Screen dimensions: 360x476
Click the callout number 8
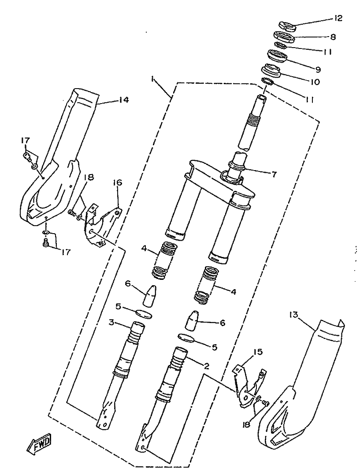[333, 37]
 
